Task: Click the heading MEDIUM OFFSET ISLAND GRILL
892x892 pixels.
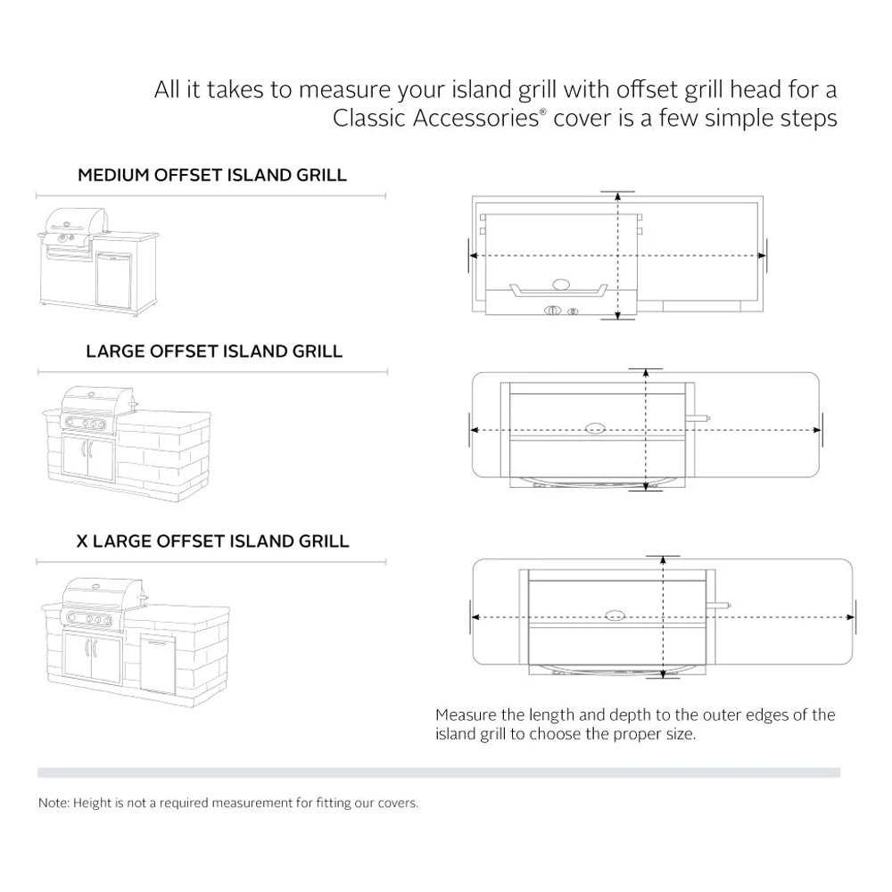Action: [x=211, y=175]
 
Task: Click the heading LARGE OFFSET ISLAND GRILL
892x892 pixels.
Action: [x=214, y=351]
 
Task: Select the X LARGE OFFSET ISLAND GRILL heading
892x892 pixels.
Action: [x=211, y=541]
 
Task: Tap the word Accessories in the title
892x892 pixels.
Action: [x=476, y=119]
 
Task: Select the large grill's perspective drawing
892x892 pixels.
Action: [x=126, y=441]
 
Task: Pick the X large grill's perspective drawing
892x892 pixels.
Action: [x=134, y=634]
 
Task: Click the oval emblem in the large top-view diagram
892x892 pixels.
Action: [x=594, y=428]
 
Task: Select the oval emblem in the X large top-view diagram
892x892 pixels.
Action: [x=615, y=616]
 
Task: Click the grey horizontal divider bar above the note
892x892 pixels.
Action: [x=438, y=772]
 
